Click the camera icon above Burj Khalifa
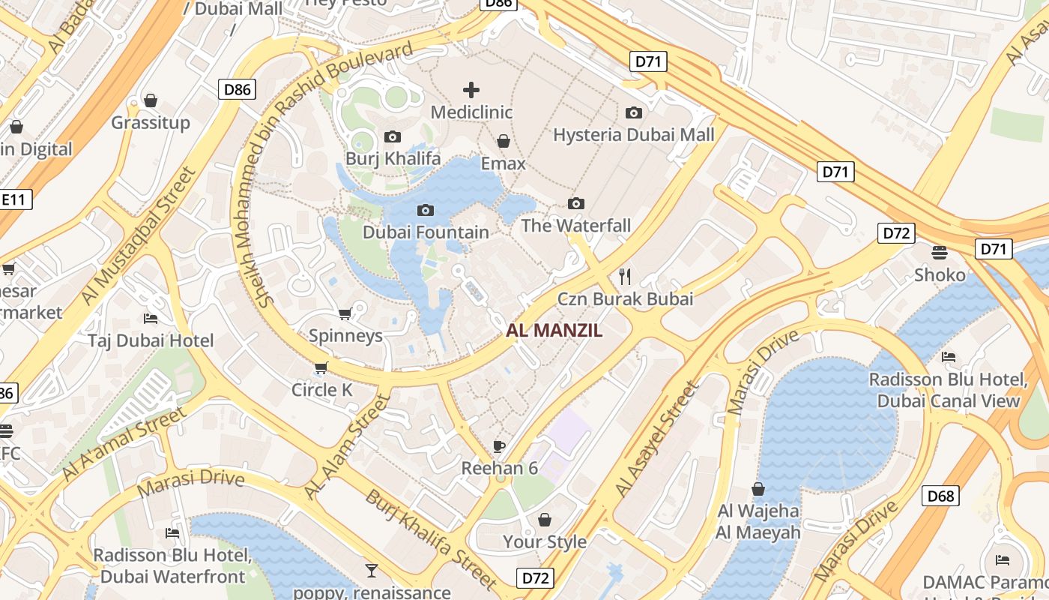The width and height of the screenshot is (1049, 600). tap(392, 136)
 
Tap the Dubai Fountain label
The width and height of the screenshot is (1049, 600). tap(426, 232)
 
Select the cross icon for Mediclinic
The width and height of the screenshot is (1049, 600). tap(471, 91)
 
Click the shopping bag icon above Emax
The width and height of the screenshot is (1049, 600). tap(504, 141)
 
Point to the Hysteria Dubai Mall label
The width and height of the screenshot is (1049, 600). tap(634, 135)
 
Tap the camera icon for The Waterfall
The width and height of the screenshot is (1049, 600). tap(576, 203)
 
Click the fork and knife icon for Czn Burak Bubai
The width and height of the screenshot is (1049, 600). tap(626, 277)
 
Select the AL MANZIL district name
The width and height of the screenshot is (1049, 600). tap(554, 331)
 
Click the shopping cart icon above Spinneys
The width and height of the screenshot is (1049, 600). tap(345, 313)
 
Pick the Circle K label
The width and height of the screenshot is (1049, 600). tap(322, 390)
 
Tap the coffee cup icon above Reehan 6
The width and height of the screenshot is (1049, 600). tap(499, 447)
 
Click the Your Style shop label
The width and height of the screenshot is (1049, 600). tap(545, 541)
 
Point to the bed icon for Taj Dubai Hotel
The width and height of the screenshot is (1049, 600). tap(151, 319)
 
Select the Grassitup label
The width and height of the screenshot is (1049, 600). tap(151, 122)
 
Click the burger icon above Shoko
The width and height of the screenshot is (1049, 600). tap(940, 252)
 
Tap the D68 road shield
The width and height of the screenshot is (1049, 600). tap(940, 496)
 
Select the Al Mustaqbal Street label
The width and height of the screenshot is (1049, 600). tap(139, 235)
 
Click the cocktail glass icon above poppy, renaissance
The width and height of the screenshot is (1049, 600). tap(371, 570)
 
